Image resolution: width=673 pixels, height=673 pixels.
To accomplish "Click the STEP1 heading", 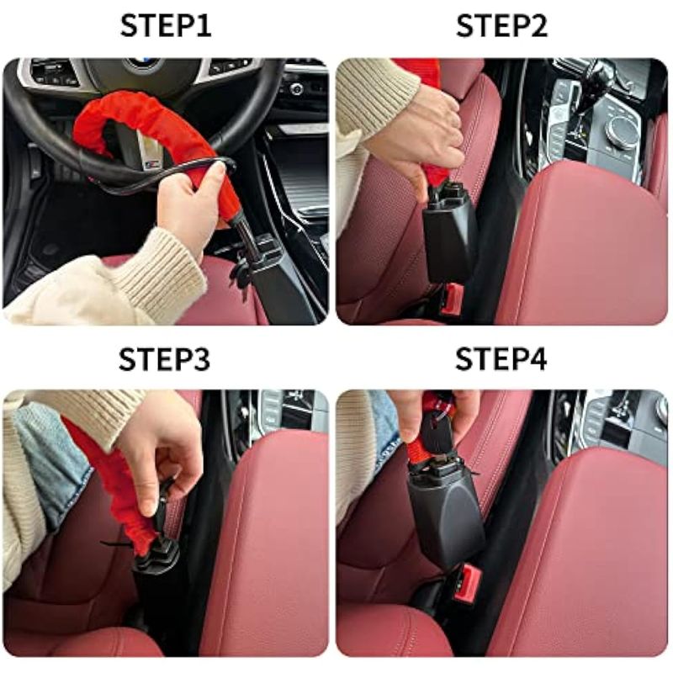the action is [166, 26].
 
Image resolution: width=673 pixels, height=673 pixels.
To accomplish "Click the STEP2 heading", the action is [501, 26].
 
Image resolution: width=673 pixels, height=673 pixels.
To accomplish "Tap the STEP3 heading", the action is [164, 359].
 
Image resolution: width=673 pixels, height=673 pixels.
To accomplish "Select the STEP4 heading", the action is [501, 359].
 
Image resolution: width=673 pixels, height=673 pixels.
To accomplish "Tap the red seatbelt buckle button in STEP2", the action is [452, 299].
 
